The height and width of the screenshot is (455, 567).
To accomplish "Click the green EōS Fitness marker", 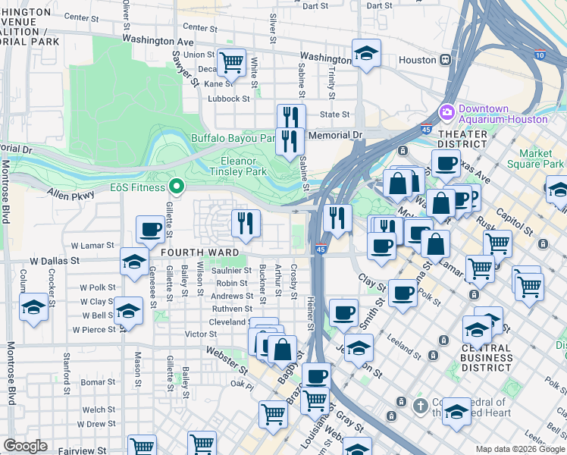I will coord(177,186).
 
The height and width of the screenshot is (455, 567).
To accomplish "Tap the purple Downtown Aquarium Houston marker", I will coord(446,112).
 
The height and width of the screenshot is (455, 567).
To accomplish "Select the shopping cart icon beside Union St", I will coord(231,61).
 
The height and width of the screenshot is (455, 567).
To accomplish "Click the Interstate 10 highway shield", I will coord(539,55).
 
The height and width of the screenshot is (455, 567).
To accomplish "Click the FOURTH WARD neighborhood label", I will coord(199,252).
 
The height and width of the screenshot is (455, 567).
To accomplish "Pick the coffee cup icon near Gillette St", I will coord(151,227).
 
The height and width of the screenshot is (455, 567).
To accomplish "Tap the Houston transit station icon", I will coord(446,59).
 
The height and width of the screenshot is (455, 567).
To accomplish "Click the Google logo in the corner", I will coord(25,446).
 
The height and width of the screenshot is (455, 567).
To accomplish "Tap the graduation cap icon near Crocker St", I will coord(33,309).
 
